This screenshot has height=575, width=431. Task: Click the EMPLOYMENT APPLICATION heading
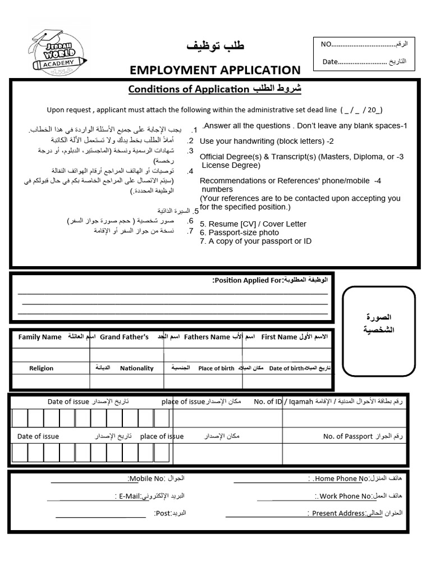click(x=215, y=70)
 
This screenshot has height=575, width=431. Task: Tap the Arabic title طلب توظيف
click(x=215, y=46)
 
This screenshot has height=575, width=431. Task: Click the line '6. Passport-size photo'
click(x=239, y=232)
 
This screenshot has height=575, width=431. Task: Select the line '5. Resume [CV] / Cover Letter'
click(x=253, y=223)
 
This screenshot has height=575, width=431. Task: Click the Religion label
click(x=42, y=368)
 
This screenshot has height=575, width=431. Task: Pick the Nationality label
click(x=136, y=368)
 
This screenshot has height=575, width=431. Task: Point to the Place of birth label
click(x=217, y=368)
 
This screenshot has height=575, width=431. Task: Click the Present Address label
click(x=338, y=513)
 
